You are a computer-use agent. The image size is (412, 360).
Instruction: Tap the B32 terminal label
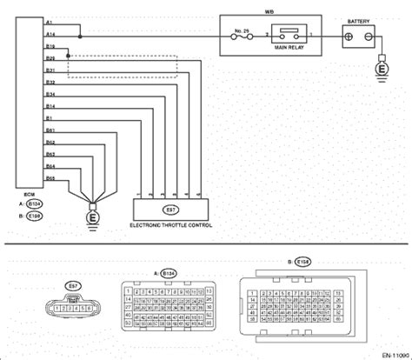50,81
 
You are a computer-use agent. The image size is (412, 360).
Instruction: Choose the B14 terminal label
50,105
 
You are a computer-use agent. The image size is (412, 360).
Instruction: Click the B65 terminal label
50,176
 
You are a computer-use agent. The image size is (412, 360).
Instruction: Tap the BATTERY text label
358,18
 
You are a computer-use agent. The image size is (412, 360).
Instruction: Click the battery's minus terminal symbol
369,38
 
